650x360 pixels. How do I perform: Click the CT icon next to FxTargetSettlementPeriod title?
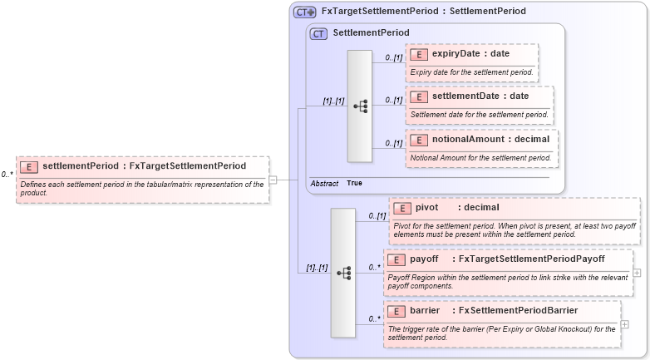(304, 12)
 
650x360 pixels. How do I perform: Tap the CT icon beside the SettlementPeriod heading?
(318, 33)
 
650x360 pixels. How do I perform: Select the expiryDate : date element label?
(470, 54)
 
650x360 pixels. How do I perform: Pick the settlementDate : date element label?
(480, 96)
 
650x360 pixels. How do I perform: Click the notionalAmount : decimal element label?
(490, 139)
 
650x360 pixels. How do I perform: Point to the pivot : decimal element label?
(446, 207)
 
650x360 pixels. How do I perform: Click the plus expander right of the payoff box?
(637, 272)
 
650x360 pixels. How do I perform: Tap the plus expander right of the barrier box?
(624, 323)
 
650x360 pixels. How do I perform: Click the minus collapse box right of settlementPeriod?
(273, 179)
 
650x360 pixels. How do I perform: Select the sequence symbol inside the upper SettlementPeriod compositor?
(360, 106)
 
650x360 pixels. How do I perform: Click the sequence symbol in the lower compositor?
(343, 272)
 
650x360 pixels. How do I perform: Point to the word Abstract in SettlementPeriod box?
(324, 183)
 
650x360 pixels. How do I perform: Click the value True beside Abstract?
(354, 183)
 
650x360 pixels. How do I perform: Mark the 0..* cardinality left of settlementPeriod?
(7, 175)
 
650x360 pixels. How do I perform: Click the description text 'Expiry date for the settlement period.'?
(471, 72)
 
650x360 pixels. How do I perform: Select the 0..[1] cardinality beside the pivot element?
(377, 215)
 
